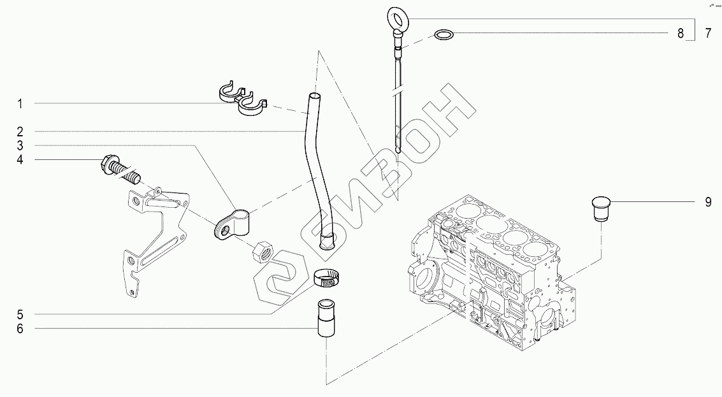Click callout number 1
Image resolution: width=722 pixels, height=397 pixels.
(20, 103)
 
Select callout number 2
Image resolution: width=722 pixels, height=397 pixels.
(20, 131)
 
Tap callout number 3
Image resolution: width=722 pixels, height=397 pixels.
(20, 145)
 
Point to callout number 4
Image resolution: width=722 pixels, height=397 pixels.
(20, 159)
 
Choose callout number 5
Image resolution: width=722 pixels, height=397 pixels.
(20, 314)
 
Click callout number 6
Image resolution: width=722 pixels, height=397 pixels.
(20, 329)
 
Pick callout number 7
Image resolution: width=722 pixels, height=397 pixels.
(708, 34)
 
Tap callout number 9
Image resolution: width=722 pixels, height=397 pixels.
(708, 202)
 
